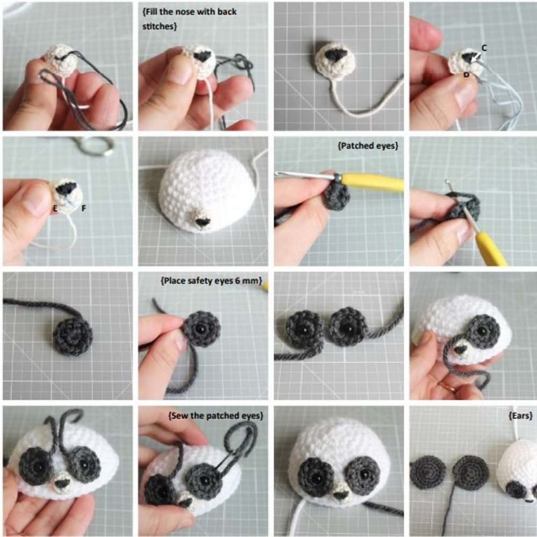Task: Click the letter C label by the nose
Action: [484, 48]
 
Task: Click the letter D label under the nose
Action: [467, 74]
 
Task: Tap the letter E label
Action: [55, 208]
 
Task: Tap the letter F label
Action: [84, 208]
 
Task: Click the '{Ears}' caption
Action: [520, 416]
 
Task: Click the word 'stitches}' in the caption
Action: [159, 26]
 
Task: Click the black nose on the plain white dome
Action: [203, 222]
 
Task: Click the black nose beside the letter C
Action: [468, 57]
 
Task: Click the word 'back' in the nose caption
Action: [227, 12]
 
